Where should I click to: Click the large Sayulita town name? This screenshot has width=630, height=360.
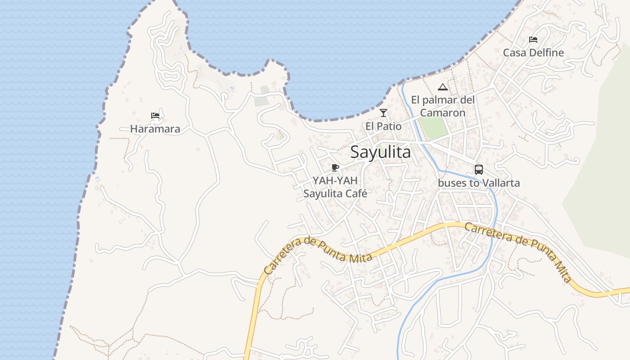point(380,152)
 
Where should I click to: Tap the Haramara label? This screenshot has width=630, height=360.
point(155,129)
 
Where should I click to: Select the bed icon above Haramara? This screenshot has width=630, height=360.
point(155,116)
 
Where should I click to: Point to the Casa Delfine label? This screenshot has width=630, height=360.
point(533,53)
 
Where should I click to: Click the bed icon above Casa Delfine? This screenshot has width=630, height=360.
point(533,40)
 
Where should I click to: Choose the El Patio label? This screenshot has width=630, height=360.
point(383,126)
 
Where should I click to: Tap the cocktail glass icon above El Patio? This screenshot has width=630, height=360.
point(383,113)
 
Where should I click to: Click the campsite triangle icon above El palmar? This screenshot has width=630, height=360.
point(443,87)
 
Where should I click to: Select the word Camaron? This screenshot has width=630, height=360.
point(443,113)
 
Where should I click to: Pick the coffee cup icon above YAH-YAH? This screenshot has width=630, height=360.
point(335,168)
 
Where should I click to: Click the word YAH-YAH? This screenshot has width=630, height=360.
point(335,181)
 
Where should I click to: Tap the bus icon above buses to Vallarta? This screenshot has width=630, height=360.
point(479,170)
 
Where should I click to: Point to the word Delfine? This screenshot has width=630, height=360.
point(546,53)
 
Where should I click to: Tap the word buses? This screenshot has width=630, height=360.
point(452,183)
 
